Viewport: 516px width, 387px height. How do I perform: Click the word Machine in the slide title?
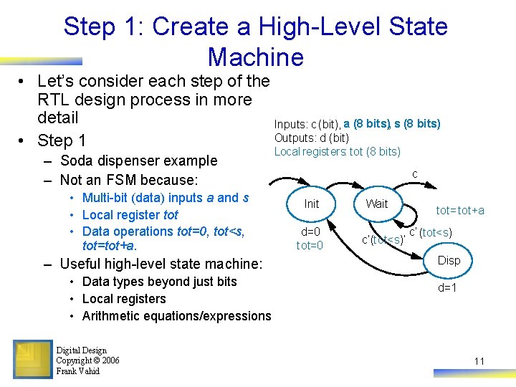pyautogui.click(x=256, y=57)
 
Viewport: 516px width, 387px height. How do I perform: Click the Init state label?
pyautogui.click(x=311, y=204)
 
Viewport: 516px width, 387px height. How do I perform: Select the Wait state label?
pyautogui.click(x=376, y=204)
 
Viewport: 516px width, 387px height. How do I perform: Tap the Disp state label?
pyautogui.click(x=449, y=260)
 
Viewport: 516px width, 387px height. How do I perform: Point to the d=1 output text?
pyautogui.click(x=448, y=288)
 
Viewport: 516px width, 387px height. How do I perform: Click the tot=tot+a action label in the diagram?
pyautogui.click(x=461, y=210)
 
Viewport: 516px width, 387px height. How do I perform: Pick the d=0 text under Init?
pyautogui.click(x=311, y=231)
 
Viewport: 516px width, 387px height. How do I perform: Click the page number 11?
pyautogui.click(x=479, y=361)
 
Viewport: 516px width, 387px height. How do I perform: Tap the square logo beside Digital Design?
pyautogui.click(x=32, y=359)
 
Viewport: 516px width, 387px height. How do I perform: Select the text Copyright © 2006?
pyautogui.click(x=87, y=360)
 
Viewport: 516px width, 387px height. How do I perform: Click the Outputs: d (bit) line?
pyautogui.click(x=312, y=138)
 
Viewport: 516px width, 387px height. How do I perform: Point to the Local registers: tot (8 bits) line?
pyautogui.click(x=338, y=151)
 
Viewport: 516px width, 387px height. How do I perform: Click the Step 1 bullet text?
pyautogui.click(x=62, y=140)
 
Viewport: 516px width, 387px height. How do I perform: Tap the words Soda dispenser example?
pyautogui.click(x=139, y=161)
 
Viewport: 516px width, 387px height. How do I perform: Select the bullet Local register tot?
pyautogui.click(x=130, y=214)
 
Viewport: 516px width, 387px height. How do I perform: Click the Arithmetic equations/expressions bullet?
pyautogui.click(x=177, y=316)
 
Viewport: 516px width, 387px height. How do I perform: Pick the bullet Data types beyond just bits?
pyautogui.click(x=160, y=282)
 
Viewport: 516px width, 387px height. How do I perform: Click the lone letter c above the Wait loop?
pyautogui.click(x=414, y=174)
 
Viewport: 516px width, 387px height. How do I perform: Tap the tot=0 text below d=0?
pyautogui.click(x=310, y=246)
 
